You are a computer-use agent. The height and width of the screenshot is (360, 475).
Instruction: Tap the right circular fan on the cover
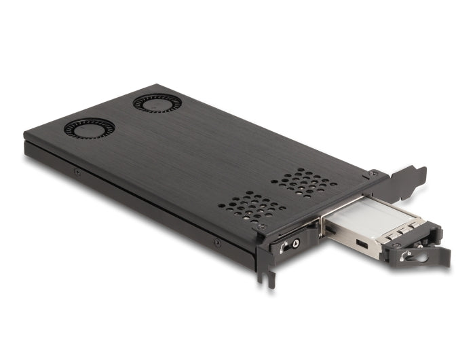[156, 103]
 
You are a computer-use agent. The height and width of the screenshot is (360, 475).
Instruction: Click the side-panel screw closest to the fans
[77, 171]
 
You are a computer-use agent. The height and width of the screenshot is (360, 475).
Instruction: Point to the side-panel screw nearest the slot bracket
[217, 242]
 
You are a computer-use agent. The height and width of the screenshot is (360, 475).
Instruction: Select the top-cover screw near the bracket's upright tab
[371, 175]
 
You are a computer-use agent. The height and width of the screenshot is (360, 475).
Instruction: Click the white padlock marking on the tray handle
[405, 256]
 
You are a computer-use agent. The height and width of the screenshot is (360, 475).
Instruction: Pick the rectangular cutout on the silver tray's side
[362, 244]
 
